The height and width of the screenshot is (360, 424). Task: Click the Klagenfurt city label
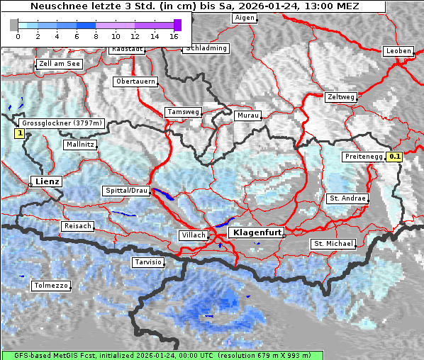click(x=258, y=232)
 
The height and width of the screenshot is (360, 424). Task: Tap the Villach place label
click(x=193, y=235)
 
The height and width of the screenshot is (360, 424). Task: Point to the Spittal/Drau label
click(x=126, y=191)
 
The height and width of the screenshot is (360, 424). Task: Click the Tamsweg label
click(x=183, y=112)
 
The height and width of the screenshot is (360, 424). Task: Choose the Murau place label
click(x=248, y=115)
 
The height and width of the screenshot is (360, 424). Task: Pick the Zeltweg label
click(x=341, y=96)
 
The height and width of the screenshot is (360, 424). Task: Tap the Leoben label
click(x=397, y=51)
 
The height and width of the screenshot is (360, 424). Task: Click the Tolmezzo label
click(x=50, y=286)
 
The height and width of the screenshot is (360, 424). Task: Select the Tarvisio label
click(x=148, y=262)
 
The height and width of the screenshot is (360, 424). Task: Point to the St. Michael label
click(x=333, y=244)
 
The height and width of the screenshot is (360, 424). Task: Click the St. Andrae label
click(x=347, y=198)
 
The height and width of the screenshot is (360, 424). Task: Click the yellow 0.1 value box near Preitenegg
click(x=395, y=157)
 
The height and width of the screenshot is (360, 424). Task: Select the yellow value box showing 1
click(x=20, y=133)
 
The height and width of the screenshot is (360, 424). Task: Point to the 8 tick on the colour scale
click(x=96, y=35)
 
